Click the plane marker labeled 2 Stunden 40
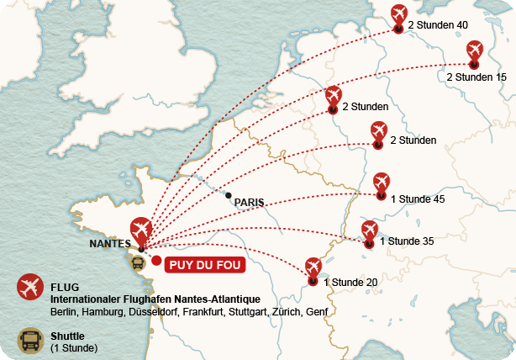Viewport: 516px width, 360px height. point(399,14)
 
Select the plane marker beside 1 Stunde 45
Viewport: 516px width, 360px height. point(382,183)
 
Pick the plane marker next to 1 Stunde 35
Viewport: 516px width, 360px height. point(370,231)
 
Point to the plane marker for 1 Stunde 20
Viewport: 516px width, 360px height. point(313,268)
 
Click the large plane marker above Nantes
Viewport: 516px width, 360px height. point(141,230)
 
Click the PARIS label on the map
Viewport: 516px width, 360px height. point(249,202)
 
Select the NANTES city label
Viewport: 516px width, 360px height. point(109,244)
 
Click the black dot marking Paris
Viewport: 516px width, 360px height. point(229,195)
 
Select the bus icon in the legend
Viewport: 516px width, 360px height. point(30,341)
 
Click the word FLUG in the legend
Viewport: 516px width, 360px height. point(65,287)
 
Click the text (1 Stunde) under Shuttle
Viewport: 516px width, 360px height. point(74,347)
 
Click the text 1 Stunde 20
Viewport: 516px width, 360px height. point(350,282)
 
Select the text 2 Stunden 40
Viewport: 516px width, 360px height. point(437,25)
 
